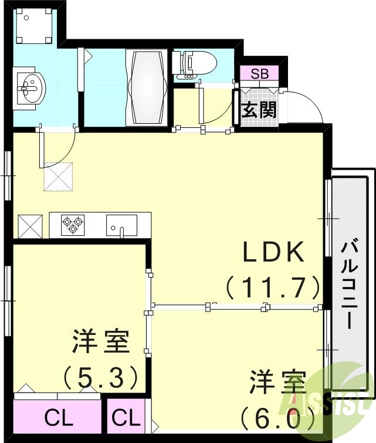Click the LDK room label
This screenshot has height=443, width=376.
(x=274, y=253)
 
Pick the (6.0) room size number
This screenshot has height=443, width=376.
(x=276, y=418)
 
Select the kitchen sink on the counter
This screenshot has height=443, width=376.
(x=121, y=225)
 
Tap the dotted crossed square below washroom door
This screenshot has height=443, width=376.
(x=57, y=177)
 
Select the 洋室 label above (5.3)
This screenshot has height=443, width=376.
(x=100, y=342)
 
